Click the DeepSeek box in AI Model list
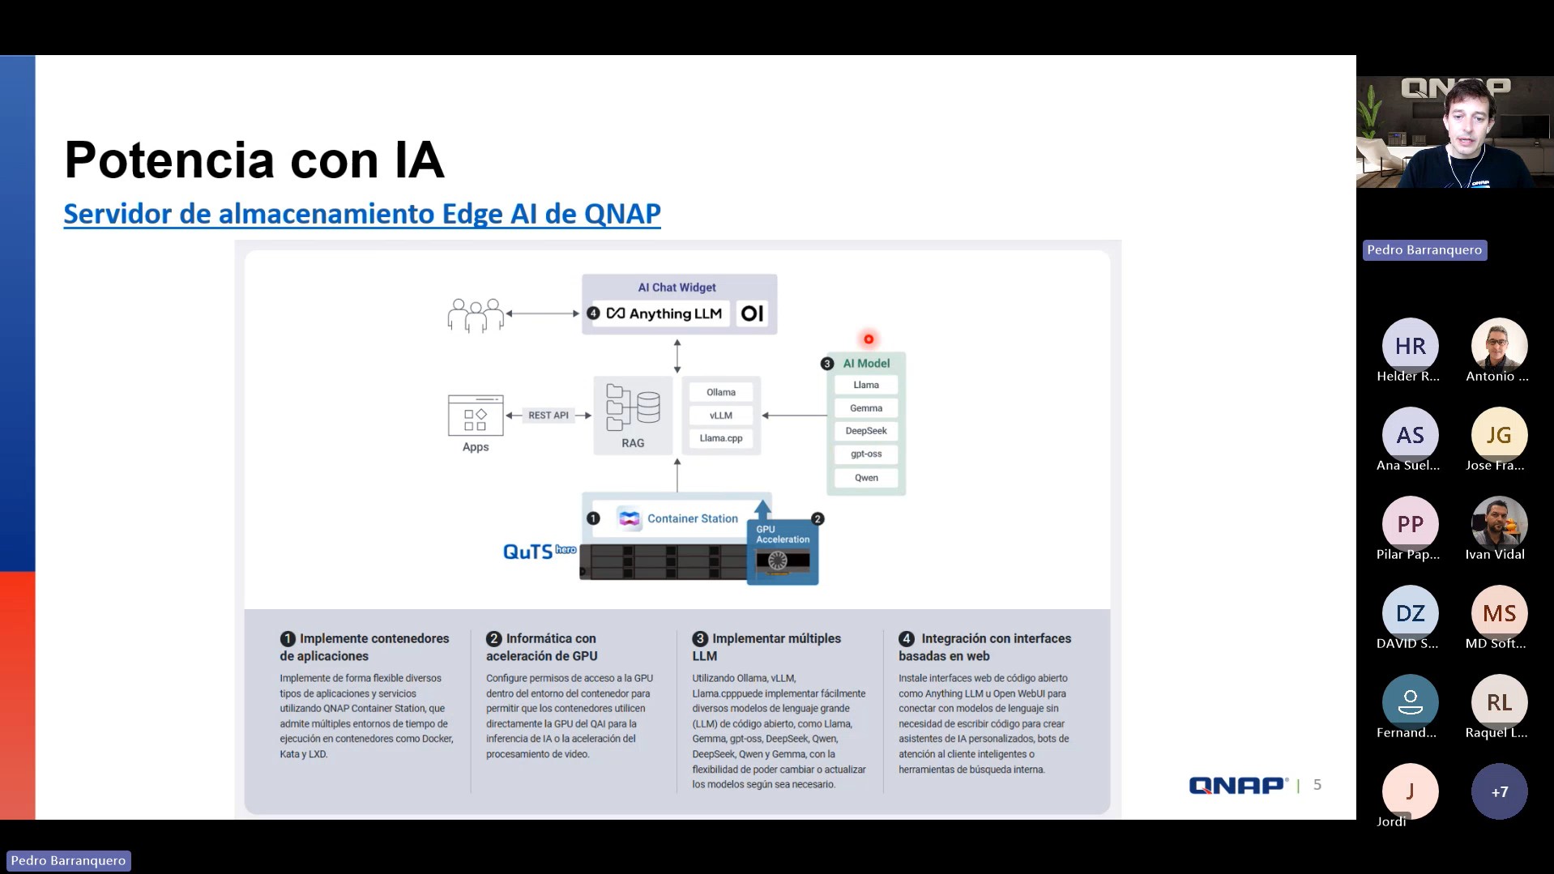click(866, 431)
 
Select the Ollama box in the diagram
click(720, 392)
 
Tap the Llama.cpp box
click(720, 438)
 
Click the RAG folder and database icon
click(633, 407)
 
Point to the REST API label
click(549, 416)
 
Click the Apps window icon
click(476, 415)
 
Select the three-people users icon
click(476, 315)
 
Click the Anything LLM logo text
click(664, 313)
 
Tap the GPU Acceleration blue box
click(782, 551)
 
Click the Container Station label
click(692, 518)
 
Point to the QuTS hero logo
click(539, 552)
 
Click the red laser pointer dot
click(869, 339)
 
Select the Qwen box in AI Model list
click(866, 478)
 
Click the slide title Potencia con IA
click(254, 160)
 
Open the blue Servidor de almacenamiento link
click(362, 214)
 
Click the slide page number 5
click(1317, 784)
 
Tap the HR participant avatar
click(1410, 346)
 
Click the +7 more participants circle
click(1499, 791)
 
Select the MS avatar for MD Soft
click(1499, 613)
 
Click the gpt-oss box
click(866, 454)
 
